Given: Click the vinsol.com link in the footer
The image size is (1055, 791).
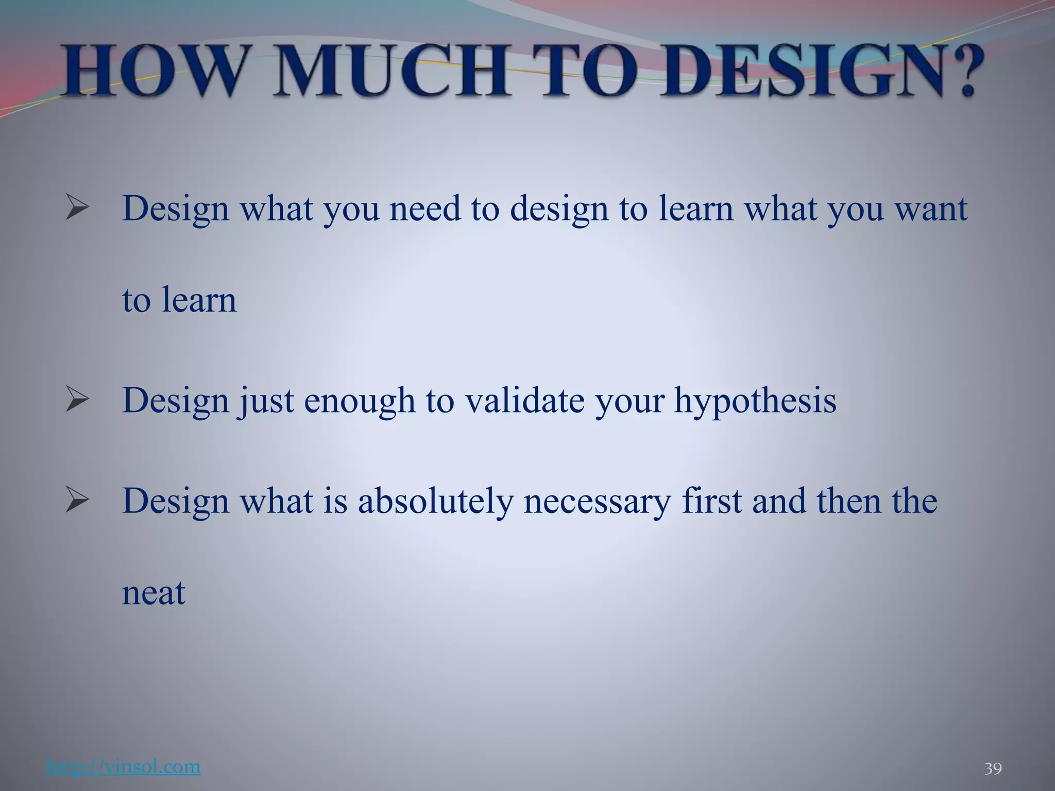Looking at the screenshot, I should coord(124,767).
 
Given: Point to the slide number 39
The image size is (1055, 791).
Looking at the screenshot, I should coord(993,769).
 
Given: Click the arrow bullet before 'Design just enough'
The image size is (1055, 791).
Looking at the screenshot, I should coord(78,401).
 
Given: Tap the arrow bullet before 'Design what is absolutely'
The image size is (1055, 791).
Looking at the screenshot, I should coord(78,501).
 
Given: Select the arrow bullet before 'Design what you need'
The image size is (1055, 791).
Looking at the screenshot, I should coord(78,209).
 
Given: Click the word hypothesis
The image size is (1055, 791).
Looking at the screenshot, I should coord(755,401).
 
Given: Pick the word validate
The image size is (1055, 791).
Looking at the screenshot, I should coord(525,400).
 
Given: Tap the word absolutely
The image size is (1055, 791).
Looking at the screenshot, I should coord(435,501).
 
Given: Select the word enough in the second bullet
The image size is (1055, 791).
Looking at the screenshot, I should coord(360,401).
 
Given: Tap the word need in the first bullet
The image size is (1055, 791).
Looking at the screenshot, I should coord(425,209).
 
